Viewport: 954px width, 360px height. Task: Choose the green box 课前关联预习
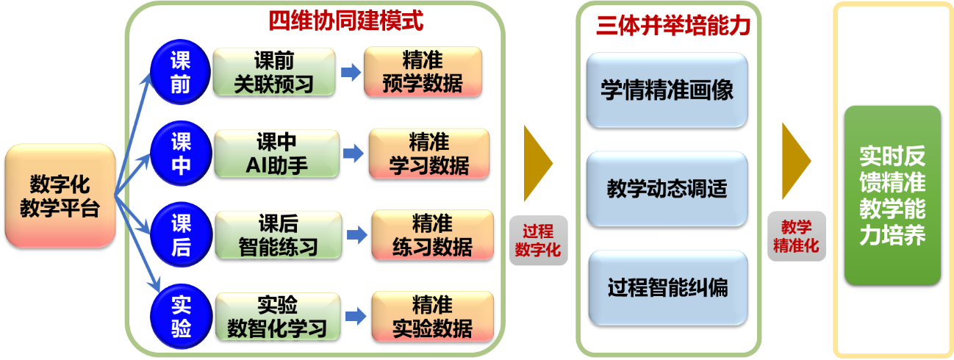tap(274, 72)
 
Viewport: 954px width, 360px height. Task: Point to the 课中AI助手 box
tap(276, 154)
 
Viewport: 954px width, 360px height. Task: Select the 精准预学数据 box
tap(423, 72)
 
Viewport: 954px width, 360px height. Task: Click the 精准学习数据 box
tap(428, 154)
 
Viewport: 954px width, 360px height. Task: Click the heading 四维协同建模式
tap(345, 21)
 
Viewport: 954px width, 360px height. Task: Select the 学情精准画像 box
tap(667, 90)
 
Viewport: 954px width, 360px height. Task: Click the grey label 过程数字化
tap(537, 240)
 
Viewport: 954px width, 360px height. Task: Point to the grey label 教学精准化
tap(796, 236)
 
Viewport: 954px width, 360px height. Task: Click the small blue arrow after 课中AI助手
tap(354, 154)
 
